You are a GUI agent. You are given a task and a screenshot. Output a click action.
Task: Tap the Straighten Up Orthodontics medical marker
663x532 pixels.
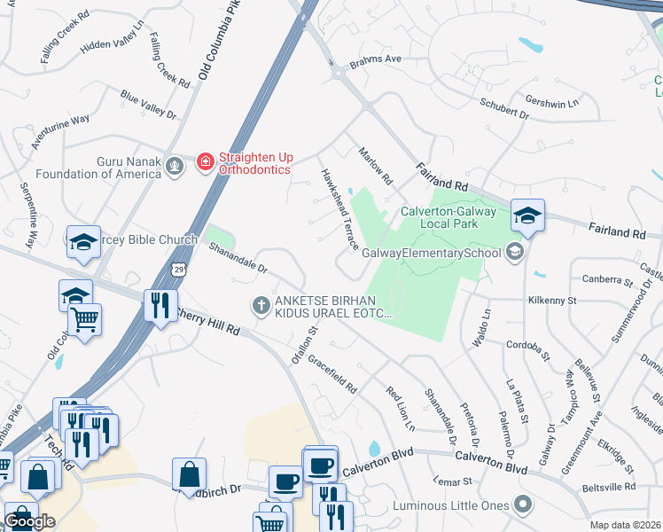[206, 161]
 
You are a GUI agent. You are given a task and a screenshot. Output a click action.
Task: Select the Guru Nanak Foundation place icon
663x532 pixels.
[176, 165]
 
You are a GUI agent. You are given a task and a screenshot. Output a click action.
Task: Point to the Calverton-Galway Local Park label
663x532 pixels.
[439, 217]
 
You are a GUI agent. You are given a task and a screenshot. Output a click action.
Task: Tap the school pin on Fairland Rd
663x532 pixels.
[526, 215]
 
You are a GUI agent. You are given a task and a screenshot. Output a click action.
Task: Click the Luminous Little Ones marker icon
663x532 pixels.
[523, 505]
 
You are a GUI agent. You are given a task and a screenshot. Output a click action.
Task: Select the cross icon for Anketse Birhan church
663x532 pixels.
[261, 305]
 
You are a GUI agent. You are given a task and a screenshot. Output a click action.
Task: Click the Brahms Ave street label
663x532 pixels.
[376, 59]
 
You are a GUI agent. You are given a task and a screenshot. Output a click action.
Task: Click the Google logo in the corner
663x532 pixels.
[29, 521]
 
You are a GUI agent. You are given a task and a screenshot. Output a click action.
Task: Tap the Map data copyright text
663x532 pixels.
[623, 525]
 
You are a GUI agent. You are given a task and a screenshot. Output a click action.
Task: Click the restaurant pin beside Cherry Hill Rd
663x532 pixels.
[160, 306]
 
